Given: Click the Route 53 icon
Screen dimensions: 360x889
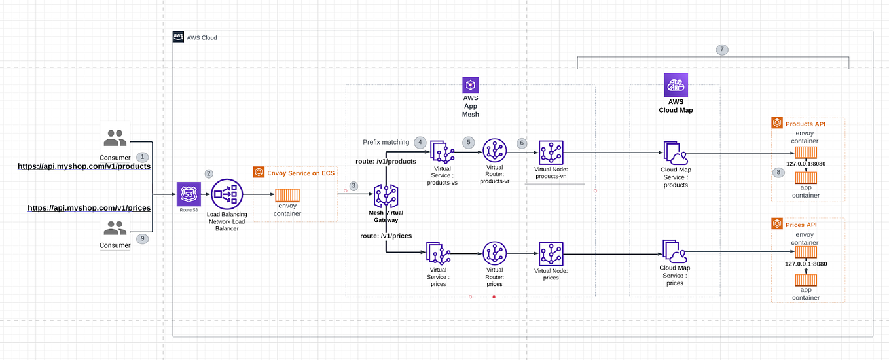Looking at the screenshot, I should point(189,194).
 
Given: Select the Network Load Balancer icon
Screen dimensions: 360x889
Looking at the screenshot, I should point(227,194).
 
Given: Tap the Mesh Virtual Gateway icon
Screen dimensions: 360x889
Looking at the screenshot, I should point(386,197).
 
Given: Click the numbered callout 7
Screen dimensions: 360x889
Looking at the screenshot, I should point(721,50).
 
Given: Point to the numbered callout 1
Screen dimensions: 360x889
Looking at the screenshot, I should point(142,157).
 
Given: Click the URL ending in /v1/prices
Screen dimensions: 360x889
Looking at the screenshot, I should point(89,208).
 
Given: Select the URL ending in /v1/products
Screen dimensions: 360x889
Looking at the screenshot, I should point(84,166).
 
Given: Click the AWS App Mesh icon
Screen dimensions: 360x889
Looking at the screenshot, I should point(471,85).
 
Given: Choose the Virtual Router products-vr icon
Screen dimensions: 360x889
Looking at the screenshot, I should point(495,151).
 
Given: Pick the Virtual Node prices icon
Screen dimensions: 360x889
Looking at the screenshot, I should point(551,254).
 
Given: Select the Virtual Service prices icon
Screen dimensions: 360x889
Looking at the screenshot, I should point(438,254).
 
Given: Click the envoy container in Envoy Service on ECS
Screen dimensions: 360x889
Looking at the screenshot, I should point(287,195).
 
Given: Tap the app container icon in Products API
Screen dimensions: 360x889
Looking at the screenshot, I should point(806,177).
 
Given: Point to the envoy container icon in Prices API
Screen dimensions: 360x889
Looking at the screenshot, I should point(806,252).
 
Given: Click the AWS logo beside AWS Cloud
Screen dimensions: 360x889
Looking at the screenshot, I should point(178,37).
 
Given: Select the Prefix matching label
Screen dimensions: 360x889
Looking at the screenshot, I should point(386,142).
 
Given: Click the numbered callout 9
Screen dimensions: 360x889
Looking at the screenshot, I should point(142,239).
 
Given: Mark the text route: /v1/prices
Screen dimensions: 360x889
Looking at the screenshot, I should point(386,235).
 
